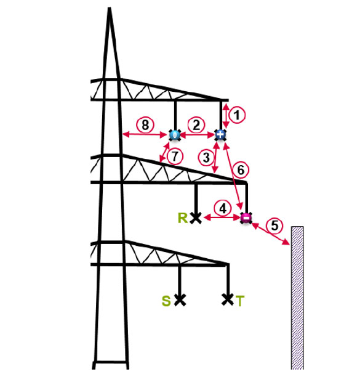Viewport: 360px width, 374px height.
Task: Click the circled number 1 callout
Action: coord(237,115)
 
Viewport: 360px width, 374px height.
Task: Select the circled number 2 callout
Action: coord(196,125)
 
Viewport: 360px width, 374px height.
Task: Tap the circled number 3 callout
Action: coord(206,157)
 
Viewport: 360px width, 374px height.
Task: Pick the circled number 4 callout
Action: coord(223,209)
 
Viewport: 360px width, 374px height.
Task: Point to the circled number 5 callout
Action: coord(274,226)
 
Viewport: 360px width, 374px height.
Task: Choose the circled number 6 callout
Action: coord(241,170)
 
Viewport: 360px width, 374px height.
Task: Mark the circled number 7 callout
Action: coord(175,157)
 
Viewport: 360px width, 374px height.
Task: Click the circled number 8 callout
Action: coord(145,124)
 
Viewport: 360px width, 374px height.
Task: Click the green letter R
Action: coord(183,218)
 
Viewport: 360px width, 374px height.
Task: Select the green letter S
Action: coord(166,301)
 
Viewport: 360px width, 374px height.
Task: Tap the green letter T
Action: coord(240,301)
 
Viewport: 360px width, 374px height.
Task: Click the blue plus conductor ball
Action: coord(220,135)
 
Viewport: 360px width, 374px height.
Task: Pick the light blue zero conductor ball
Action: coord(175,135)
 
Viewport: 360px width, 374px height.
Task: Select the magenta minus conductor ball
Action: coord(246,217)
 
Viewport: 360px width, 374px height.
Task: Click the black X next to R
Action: coord(196,218)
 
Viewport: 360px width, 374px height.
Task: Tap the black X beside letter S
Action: coord(180,300)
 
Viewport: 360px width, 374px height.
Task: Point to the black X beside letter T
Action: coord(228,299)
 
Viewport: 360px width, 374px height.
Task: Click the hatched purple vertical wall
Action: coord(298,298)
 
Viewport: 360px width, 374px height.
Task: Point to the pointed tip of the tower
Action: coord(110,7)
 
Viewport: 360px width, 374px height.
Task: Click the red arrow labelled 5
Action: coord(271,234)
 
